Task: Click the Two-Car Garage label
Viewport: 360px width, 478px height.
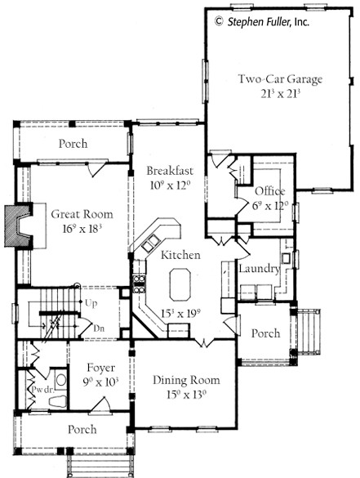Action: tap(280, 79)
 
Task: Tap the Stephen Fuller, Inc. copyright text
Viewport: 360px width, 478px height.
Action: tap(262, 21)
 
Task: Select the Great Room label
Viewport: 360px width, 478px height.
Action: tap(82, 214)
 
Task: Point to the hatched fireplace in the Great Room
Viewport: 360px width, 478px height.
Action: tap(19, 226)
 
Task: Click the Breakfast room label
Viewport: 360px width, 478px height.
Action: tap(170, 171)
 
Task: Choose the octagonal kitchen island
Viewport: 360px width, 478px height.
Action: tap(180, 284)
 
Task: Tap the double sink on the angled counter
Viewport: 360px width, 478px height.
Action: tap(150, 243)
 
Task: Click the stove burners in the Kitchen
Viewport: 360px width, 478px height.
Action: tap(139, 284)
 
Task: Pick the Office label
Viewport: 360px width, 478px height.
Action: tap(270, 191)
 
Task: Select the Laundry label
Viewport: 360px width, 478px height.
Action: tap(260, 269)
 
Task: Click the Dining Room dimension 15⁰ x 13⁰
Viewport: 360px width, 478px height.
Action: tap(186, 395)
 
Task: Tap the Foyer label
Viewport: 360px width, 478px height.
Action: tap(100, 368)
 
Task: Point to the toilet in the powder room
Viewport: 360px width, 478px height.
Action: tap(58, 402)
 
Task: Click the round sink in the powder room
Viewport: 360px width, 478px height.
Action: tap(61, 380)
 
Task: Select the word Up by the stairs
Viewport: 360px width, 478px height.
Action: tap(91, 303)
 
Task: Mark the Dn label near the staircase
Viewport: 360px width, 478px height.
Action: tap(99, 328)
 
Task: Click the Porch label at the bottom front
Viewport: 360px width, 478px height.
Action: tap(82, 429)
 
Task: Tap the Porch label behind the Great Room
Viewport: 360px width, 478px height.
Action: tap(73, 144)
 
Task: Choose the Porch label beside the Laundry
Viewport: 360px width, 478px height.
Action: tap(265, 333)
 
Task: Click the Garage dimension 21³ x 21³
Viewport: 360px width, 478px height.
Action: tap(281, 94)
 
